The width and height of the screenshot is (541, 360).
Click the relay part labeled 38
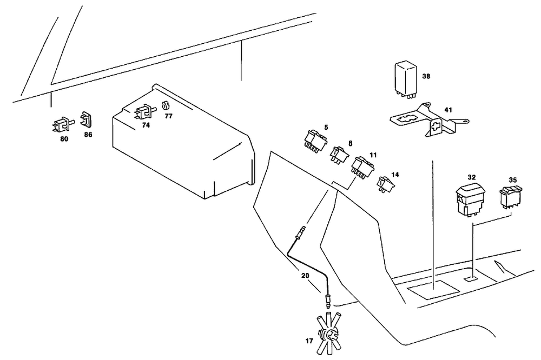click(405, 78)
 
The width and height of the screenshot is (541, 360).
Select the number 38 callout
click(426, 77)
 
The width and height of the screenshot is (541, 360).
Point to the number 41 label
click(448, 110)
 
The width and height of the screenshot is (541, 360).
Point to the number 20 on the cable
click(305, 275)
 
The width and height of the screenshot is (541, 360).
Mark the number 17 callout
click(308, 342)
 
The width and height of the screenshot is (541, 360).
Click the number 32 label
click(472, 177)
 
